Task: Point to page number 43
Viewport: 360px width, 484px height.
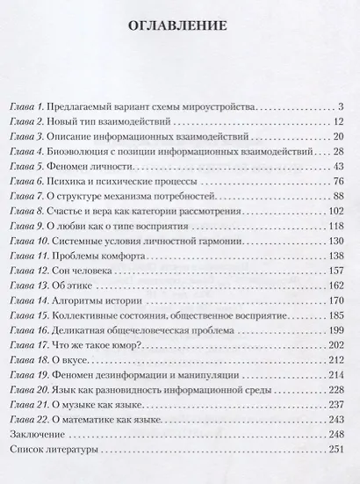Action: tap(339, 168)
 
